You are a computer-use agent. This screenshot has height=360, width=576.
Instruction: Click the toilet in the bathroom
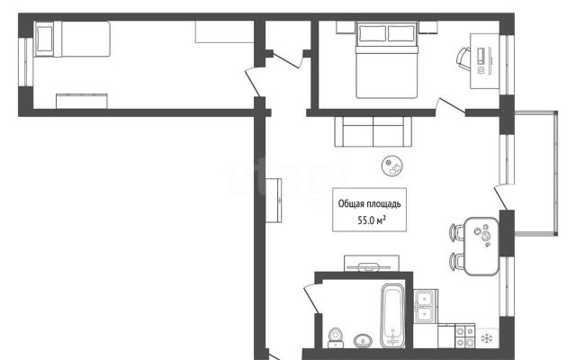pos(335,337)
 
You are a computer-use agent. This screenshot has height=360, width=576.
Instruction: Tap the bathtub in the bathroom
pos(392,316)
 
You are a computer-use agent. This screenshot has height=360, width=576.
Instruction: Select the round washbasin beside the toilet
pos(363,341)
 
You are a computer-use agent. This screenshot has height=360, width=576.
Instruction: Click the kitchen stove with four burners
pos(465,336)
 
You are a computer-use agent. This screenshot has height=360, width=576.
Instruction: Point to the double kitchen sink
pos(426,306)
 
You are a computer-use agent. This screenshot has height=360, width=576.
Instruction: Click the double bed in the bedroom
pos(387,60)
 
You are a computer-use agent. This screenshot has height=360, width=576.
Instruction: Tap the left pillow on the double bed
pos(373,33)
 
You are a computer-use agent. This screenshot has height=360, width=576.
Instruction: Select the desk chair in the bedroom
pos(463,58)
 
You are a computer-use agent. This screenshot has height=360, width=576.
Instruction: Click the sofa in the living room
pos(373,131)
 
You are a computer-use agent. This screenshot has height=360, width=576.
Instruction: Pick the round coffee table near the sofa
pos(392,166)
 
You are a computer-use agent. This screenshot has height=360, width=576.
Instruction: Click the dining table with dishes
pos(481,246)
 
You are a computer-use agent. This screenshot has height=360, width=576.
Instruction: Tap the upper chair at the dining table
pos(457,232)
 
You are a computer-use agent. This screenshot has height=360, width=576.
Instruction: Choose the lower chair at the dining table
pos(457,262)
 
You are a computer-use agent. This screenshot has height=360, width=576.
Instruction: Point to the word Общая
pos(350,204)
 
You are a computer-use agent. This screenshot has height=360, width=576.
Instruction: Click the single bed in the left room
pos(72,39)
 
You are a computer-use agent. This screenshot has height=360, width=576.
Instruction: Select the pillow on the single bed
pos(44,39)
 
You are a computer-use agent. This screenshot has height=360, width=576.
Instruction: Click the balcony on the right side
pos(536,172)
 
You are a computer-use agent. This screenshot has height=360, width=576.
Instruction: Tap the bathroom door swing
pos(311,299)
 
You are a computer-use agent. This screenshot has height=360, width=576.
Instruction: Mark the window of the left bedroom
pos(26,62)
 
